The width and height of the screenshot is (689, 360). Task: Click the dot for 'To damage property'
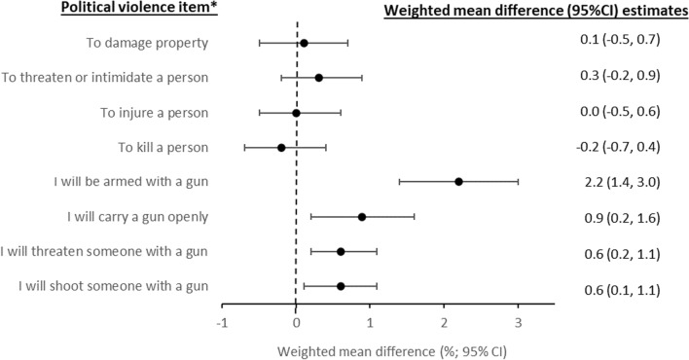(x=304, y=43)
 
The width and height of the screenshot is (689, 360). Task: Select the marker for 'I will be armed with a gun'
(x=458, y=182)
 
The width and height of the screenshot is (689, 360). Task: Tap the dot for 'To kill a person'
(x=281, y=148)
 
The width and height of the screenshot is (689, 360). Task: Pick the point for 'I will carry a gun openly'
(x=362, y=217)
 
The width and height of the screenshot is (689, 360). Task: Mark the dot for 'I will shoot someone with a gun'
(x=341, y=287)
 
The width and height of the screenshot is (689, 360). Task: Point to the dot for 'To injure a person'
(x=296, y=113)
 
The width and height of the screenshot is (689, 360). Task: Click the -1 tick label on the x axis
(x=222, y=323)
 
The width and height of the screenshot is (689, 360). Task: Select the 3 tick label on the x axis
(x=519, y=323)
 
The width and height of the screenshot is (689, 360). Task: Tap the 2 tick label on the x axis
(x=444, y=323)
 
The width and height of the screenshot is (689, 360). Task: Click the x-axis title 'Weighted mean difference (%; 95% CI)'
(x=392, y=351)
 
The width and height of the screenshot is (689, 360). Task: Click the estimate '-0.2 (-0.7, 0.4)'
(x=618, y=147)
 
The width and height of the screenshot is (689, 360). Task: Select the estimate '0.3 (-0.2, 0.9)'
(x=620, y=76)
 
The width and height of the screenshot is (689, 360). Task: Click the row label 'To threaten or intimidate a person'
(x=104, y=78)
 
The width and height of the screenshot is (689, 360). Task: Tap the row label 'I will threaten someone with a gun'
(x=104, y=251)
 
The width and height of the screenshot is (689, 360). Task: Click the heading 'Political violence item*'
(x=139, y=8)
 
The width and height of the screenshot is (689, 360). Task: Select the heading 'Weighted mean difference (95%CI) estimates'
(x=536, y=10)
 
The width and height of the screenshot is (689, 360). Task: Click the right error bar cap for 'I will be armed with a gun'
(x=518, y=182)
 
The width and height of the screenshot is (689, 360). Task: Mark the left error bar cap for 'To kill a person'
(x=244, y=148)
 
